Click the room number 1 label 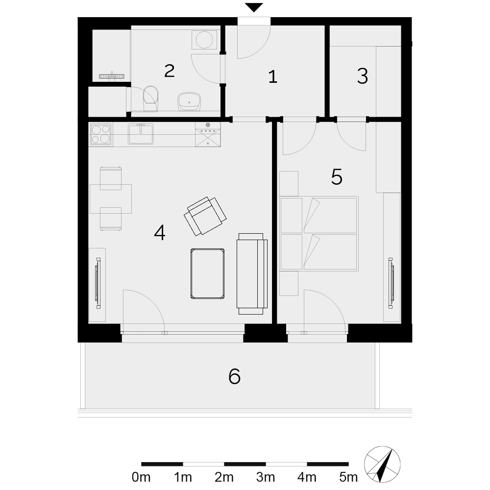pos(273,77)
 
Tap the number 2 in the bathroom pos(170,71)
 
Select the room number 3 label pos(363,76)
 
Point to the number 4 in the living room pos(160,233)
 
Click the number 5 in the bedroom pos(337,177)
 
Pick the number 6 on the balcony pos(234,376)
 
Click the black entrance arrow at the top pos(254,7)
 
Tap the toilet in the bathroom pos(151,98)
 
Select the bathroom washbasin pos(189,101)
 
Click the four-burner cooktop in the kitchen pos(101,134)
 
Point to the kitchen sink pos(141,134)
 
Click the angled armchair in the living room pos(205,216)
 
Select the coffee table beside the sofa pos(207,274)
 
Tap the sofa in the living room pos(252,274)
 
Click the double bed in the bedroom pos(319,233)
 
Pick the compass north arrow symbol pos(382,465)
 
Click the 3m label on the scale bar pos(266,477)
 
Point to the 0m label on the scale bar pos(141,477)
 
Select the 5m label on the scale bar pos(348,477)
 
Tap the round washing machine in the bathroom pos(204,40)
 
